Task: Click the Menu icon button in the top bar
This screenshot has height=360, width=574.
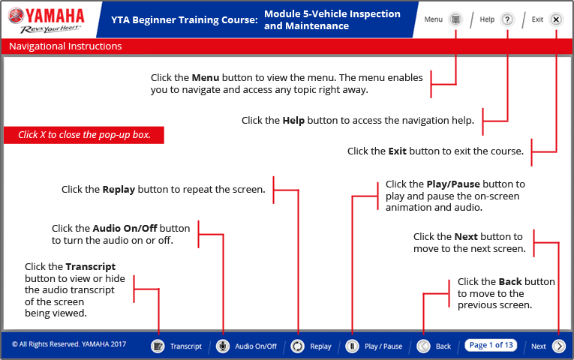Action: pyautogui.click(x=455, y=19)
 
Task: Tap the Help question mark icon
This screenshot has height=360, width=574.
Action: pyautogui.click(x=507, y=19)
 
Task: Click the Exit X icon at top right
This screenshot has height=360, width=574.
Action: pyautogui.click(x=556, y=19)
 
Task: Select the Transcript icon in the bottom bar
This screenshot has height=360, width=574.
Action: pyautogui.click(x=158, y=346)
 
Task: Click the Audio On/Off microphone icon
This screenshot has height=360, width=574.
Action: pyautogui.click(x=223, y=346)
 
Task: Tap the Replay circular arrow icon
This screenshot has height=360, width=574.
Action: pyautogui.click(x=298, y=346)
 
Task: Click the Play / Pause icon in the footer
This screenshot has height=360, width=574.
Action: pyautogui.click(x=351, y=346)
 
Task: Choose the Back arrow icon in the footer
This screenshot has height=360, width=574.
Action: pyautogui.click(x=423, y=346)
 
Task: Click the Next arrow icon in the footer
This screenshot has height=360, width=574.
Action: pyautogui.click(x=558, y=346)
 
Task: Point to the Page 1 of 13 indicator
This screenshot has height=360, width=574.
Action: pyautogui.click(x=491, y=345)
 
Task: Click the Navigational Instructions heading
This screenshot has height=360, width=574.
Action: pyautogui.click(x=65, y=46)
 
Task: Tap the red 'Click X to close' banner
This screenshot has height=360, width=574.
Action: pyautogui.click(x=84, y=135)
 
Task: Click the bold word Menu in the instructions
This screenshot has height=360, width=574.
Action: pyautogui.click(x=205, y=78)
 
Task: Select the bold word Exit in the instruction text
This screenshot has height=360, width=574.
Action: pyautogui.click(x=397, y=151)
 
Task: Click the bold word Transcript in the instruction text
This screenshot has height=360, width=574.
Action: pyautogui.click(x=90, y=266)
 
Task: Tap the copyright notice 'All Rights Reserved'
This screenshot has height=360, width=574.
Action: pyautogui.click(x=69, y=345)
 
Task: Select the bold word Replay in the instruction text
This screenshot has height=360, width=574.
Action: pyautogui.click(x=119, y=190)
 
